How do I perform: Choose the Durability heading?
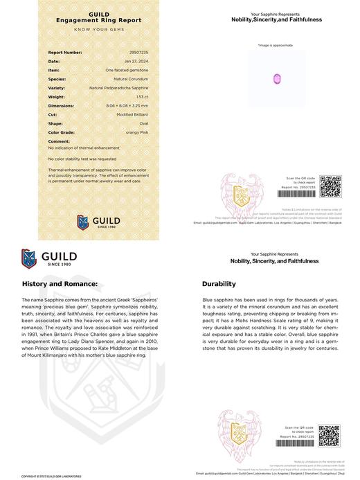[219, 284]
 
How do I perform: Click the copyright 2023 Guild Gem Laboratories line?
[48, 477]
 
